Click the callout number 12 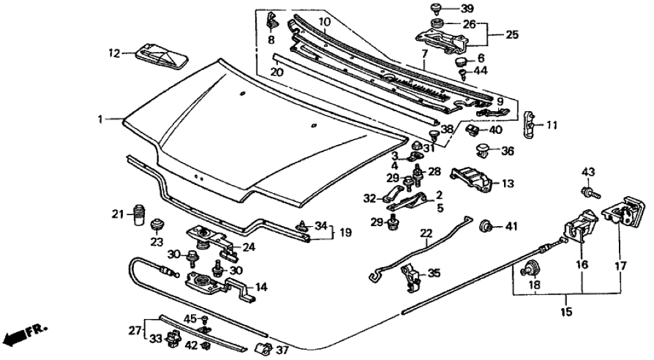click(x=114, y=54)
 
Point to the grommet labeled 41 click(x=484, y=227)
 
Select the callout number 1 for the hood click(x=101, y=119)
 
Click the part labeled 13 click(x=473, y=179)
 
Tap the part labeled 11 click(x=531, y=122)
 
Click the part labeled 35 click(x=410, y=276)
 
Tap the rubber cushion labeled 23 click(x=157, y=226)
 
